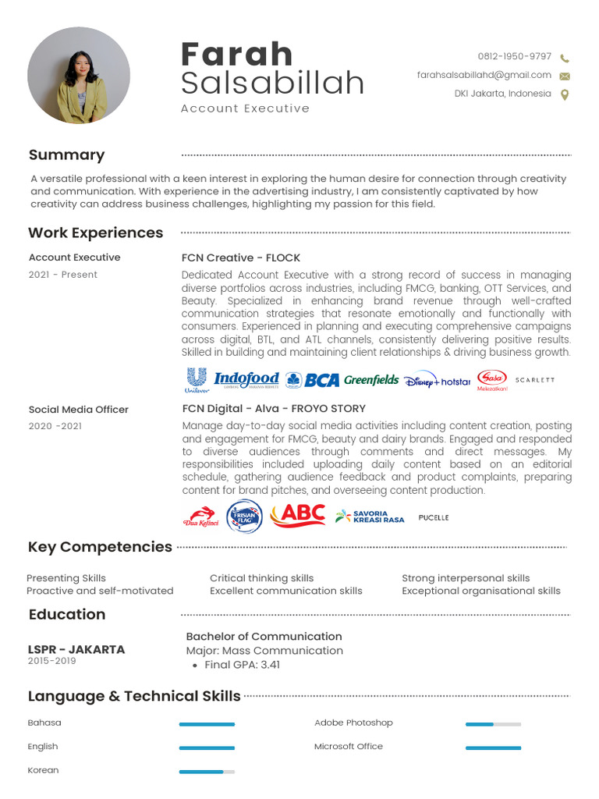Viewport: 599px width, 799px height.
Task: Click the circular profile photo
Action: point(79,76)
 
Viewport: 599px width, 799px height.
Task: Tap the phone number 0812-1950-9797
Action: point(515,57)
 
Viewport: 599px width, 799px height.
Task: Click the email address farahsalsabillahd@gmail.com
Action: point(484,76)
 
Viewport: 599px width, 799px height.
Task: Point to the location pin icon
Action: point(565,94)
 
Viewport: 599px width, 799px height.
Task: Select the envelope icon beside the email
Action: point(565,76)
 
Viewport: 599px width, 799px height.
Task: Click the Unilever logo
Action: point(197,379)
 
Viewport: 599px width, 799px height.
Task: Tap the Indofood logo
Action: point(246,379)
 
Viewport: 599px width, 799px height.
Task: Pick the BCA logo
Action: point(313,380)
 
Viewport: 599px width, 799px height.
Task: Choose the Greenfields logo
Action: point(371,380)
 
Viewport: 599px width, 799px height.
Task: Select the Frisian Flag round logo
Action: point(244,517)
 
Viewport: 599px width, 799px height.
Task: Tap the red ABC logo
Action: point(298,515)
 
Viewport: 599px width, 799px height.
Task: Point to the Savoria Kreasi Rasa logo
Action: point(370,517)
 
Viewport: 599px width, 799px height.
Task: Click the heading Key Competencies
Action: point(100,547)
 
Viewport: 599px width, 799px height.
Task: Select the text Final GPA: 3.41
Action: point(242,665)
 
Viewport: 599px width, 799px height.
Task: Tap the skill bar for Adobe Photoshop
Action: point(493,724)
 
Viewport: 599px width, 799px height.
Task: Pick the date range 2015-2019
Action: point(52,661)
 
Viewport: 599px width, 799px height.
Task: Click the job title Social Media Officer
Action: point(79,410)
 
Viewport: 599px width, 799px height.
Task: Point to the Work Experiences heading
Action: point(96,233)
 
